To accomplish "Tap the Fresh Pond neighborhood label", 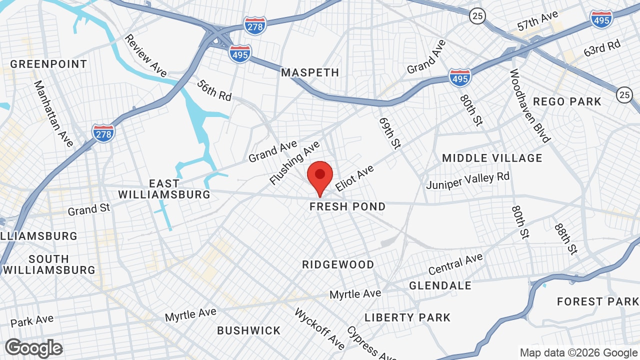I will tap(347, 206).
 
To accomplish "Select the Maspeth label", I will tap(310, 72).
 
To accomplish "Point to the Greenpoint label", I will tap(48, 64).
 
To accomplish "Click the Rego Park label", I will tap(567, 101).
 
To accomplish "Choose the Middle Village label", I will tap(492, 158).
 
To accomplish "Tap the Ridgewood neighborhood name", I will tap(338, 264).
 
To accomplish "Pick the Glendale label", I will tap(440, 285).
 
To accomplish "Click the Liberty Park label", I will tap(407, 317).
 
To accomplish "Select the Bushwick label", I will tap(249, 330).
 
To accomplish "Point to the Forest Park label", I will tap(597, 301).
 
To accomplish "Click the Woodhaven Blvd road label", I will tap(529, 105).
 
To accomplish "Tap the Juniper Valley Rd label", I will tap(467, 181).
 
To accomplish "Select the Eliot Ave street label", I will tap(354, 178).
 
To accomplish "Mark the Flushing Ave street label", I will tap(294, 163).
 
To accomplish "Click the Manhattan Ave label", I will tap(53, 114).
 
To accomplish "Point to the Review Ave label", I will tap(145, 55).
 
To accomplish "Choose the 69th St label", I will tap(390, 133).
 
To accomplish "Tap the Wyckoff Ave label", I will tap(319, 329).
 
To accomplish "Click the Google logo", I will tap(34, 348).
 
